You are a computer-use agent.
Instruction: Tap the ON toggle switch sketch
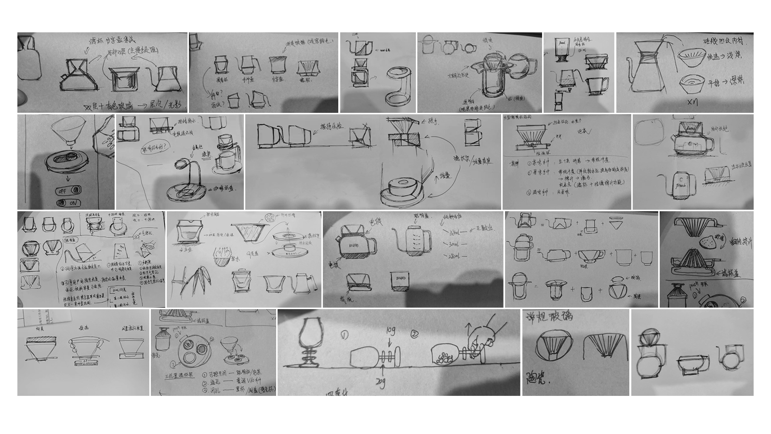[68, 203]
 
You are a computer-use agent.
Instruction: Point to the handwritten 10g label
[390, 331]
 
